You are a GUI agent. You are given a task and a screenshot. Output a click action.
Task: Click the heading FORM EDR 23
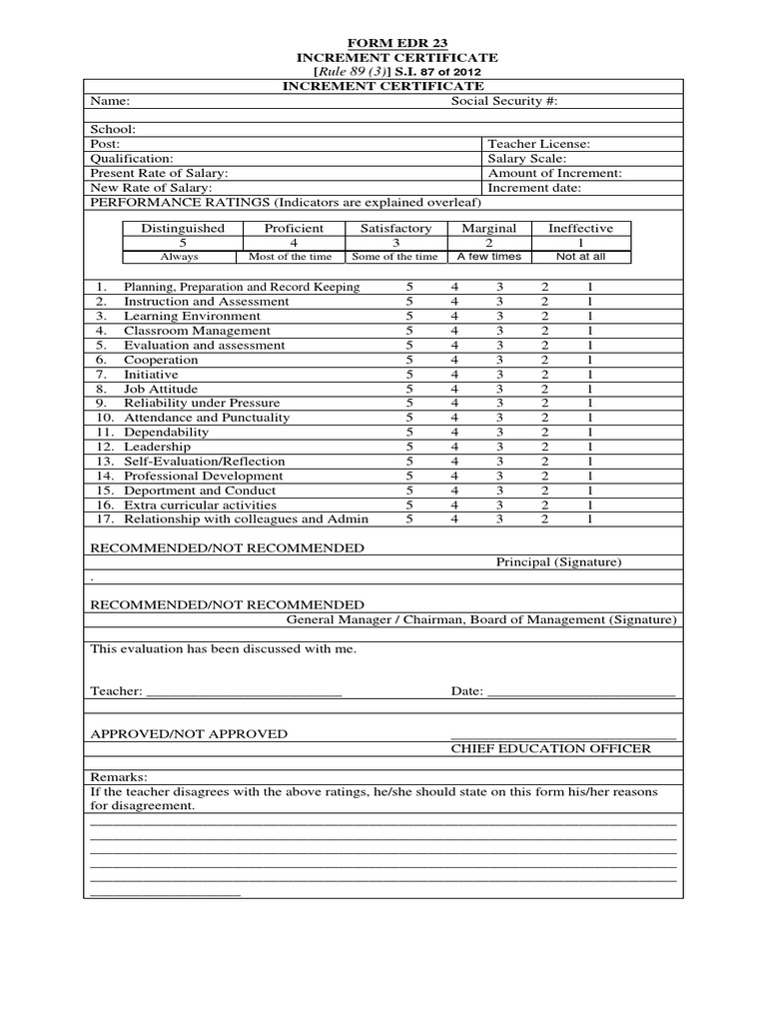(384, 43)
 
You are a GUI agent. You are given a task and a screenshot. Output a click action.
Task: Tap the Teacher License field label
(538, 144)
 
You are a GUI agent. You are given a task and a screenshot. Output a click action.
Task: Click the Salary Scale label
(526, 159)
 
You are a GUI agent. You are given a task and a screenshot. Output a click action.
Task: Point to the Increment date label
(534, 187)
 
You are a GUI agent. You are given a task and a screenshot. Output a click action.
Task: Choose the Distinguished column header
(183, 228)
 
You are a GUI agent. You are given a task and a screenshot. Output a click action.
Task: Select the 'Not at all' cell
(579, 257)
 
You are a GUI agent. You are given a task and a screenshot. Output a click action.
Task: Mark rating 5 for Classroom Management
(408, 331)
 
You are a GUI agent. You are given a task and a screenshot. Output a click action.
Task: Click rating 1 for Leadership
(590, 447)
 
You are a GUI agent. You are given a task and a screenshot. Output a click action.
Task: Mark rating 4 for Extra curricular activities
(454, 505)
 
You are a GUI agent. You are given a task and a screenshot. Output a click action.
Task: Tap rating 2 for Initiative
(545, 375)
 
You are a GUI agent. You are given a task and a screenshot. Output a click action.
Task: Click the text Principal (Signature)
(558, 562)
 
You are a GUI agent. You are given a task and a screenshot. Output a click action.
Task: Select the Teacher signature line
(245, 692)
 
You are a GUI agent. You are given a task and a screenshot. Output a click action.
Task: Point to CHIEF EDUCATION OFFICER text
(550, 748)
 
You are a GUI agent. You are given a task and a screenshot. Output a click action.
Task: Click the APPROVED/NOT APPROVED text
(189, 734)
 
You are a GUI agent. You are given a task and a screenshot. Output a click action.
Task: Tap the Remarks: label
(119, 776)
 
